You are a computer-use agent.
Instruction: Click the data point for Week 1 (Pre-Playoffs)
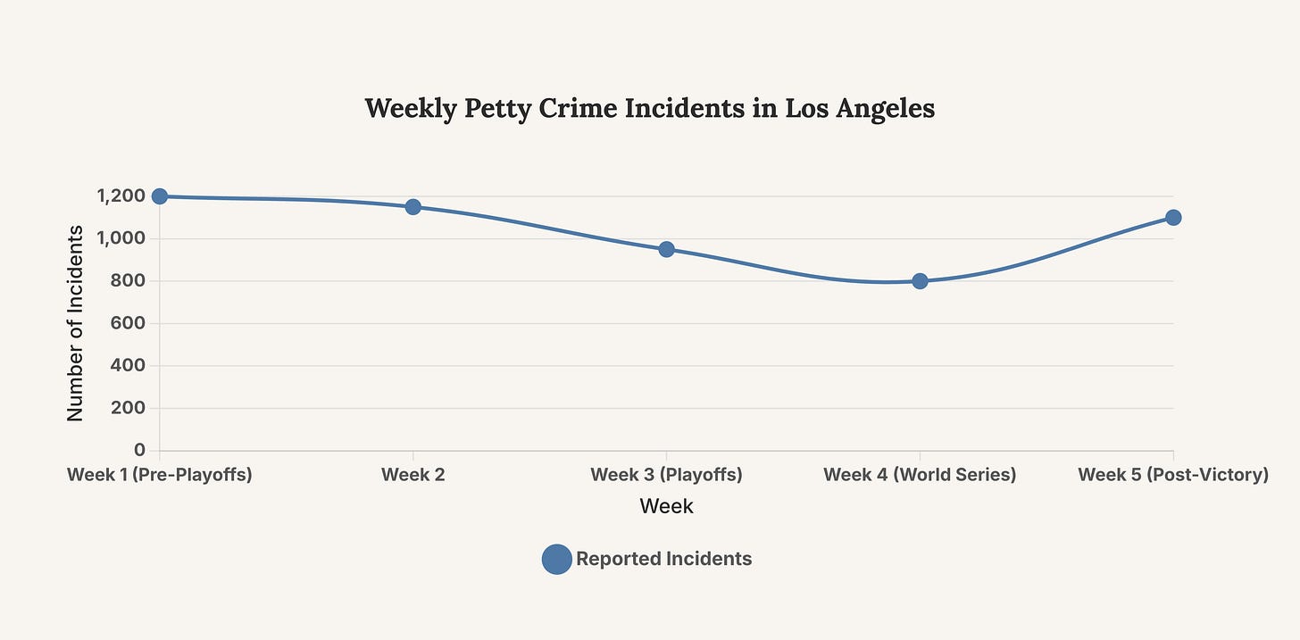click(160, 196)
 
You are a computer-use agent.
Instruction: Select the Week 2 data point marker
click(413, 207)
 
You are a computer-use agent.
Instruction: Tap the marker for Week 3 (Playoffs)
click(666, 249)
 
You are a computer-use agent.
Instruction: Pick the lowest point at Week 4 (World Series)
click(920, 281)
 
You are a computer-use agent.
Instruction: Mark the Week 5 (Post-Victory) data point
click(1173, 218)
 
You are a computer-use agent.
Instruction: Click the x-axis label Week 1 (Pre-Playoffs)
click(160, 475)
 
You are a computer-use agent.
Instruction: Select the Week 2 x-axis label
click(413, 475)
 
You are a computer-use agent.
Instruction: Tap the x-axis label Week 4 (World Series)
click(920, 475)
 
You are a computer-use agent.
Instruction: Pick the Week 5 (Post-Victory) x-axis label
click(1173, 475)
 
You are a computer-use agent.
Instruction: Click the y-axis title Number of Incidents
click(76, 323)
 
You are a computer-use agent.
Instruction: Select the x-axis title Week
click(666, 506)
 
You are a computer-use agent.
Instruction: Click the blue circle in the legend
click(557, 559)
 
